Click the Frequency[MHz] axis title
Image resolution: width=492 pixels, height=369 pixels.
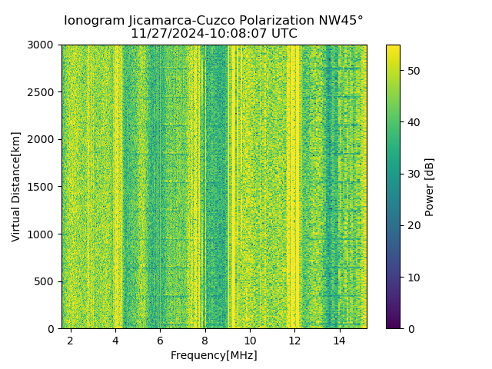[x=214, y=355]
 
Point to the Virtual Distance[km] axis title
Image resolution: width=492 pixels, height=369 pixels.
[x=16, y=187]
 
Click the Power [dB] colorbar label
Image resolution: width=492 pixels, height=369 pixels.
[x=430, y=187]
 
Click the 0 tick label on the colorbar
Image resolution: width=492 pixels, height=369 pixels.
[x=408, y=328]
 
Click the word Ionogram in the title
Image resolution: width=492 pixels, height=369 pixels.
[x=92, y=21]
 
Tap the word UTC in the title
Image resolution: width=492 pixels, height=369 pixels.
[x=283, y=34]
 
